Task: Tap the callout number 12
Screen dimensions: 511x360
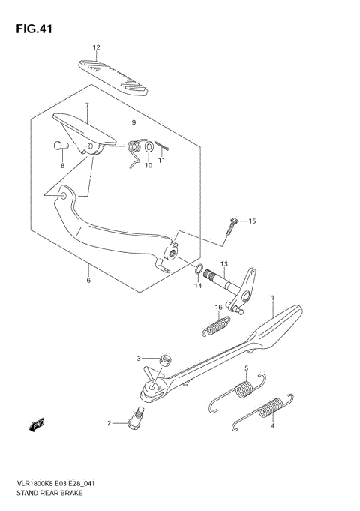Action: click(96, 48)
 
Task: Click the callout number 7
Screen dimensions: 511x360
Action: click(87, 105)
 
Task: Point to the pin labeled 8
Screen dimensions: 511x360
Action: click(61, 146)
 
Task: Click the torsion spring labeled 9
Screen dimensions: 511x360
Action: click(135, 149)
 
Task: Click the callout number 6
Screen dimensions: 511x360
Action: click(88, 281)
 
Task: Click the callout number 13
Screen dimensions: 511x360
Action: click(223, 263)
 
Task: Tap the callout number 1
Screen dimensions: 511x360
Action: click(273, 299)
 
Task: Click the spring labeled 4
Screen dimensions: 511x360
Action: click(262, 411)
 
